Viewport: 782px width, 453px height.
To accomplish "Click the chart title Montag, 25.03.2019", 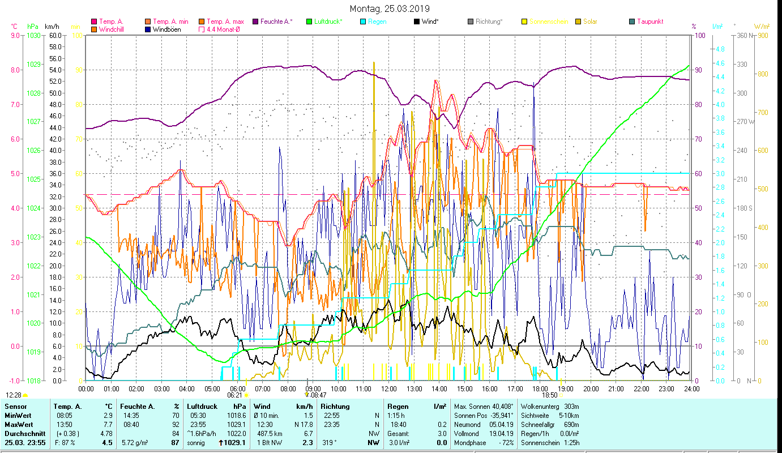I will tap(390, 8).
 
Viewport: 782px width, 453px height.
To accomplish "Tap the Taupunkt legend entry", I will tap(649, 22).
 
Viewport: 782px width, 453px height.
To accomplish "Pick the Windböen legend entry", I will tap(166, 29).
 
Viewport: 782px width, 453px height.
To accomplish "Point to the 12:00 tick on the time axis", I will tap(389, 389).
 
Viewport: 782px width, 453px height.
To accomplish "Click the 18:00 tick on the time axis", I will tap(540, 389).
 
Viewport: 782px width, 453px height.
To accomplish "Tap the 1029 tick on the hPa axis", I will tap(34, 65).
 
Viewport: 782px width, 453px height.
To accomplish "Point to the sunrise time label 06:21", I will tap(235, 395).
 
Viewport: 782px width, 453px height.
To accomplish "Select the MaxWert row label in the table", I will tap(19, 425).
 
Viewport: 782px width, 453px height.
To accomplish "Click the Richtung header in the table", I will tap(335, 407).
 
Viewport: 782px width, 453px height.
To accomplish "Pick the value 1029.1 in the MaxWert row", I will tap(234, 425).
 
